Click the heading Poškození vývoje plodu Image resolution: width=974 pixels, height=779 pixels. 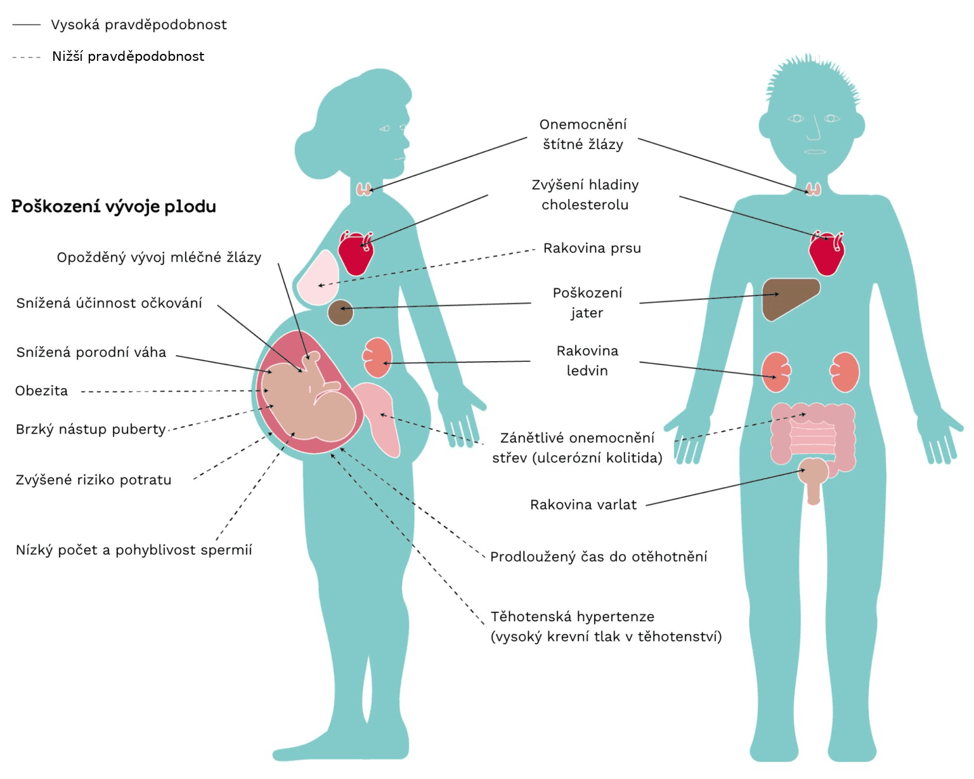(114, 207)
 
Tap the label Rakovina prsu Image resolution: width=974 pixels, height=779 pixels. (592, 248)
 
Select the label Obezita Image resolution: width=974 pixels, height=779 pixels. (41, 391)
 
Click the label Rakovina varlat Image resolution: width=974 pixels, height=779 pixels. (583, 505)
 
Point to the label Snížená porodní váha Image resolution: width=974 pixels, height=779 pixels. (91, 352)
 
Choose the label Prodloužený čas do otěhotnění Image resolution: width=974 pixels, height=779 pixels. (598, 557)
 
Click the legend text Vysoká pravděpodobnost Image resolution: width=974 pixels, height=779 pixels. (138, 25)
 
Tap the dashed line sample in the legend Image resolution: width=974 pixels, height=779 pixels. (26, 57)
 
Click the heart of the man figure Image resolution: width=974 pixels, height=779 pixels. (827, 254)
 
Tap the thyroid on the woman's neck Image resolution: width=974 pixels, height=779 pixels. (363, 189)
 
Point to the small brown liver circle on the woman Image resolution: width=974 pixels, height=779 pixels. (340, 312)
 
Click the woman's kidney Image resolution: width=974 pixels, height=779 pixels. (377, 357)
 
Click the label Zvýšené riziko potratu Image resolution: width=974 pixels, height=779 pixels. (93, 480)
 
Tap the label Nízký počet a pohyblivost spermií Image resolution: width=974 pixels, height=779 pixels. (133, 550)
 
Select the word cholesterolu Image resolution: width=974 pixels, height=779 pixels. (585, 205)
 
